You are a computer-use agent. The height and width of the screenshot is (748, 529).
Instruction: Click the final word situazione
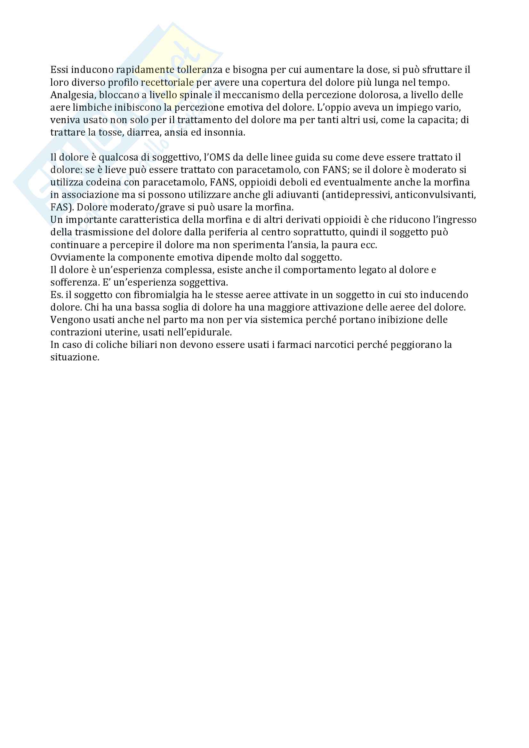click(75, 358)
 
